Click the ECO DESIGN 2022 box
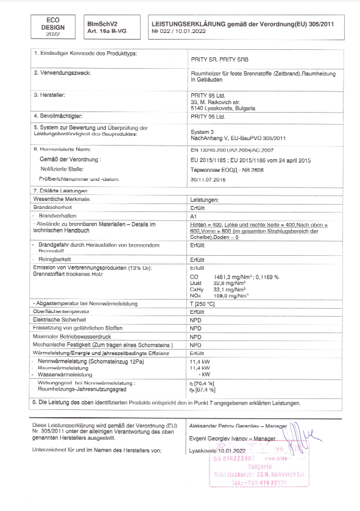point(52,27)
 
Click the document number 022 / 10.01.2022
point(176,31)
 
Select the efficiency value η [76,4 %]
point(203,382)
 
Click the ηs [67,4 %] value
point(203,389)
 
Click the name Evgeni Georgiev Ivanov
point(223,439)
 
